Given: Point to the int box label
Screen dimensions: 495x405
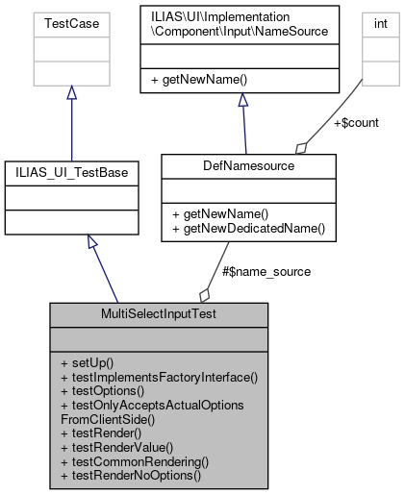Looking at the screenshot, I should coord(377,18).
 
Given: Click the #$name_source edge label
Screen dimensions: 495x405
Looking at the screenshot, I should coord(266,272).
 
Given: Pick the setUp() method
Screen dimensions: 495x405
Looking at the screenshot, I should coord(87,362).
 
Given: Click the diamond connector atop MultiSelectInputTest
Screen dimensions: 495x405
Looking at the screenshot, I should coord(203,293).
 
